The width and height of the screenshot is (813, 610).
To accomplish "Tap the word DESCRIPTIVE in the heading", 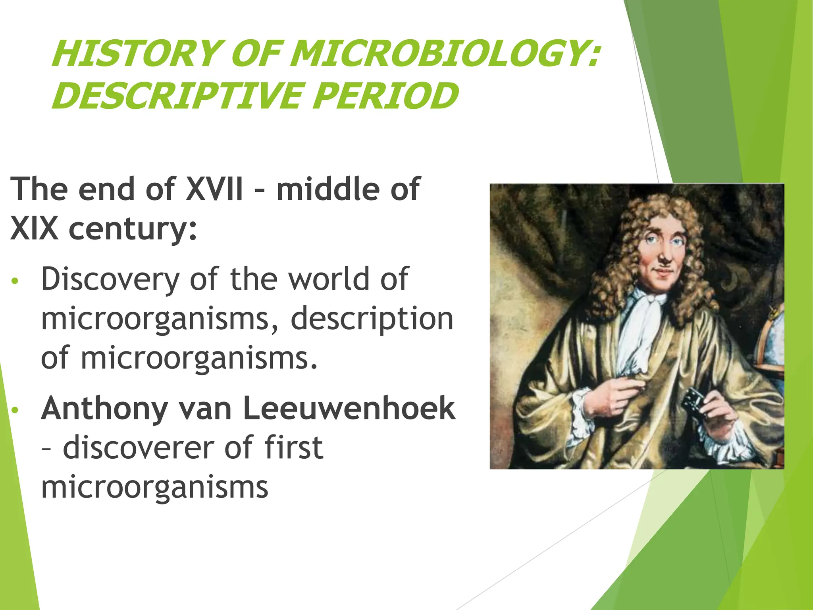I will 176,96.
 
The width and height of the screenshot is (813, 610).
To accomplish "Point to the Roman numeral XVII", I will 214,189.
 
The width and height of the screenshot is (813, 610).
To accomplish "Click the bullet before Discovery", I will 15,281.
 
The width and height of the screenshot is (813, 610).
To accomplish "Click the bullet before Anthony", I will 15,410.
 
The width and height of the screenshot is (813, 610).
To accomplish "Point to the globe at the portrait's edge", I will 772,342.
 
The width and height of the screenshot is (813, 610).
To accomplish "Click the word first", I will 294,448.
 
